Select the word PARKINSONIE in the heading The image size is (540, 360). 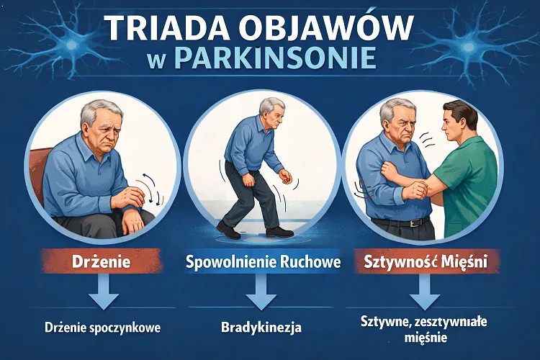pos(276,58)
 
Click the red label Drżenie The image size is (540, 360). pos(102,261)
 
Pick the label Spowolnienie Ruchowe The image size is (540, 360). pos(263,262)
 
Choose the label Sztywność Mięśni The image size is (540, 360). pos(426,262)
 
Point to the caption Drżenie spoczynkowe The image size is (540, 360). pos(103,328)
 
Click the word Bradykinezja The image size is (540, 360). pos(261,327)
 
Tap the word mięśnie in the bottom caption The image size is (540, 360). pos(426,338)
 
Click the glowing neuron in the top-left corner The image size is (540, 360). pos(71,45)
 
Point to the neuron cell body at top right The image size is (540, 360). pos(468,46)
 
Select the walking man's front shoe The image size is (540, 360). pos(228,230)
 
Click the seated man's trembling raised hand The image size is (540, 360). pos(127,197)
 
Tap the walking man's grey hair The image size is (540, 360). pos(271,105)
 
